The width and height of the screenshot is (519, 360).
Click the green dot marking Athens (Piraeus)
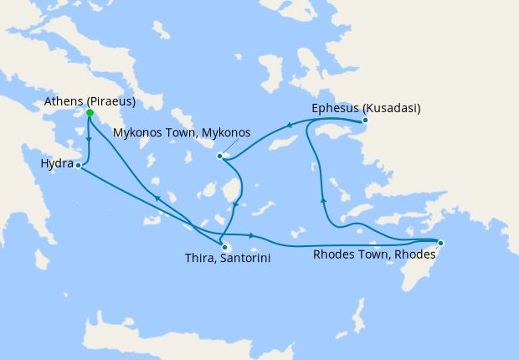[x=90, y=113]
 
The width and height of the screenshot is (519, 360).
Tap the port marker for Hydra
[x=78, y=166]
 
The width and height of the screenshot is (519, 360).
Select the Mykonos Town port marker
[x=219, y=156]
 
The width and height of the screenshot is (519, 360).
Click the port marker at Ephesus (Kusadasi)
[x=365, y=121]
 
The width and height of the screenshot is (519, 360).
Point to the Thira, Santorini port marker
[x=224, y=247]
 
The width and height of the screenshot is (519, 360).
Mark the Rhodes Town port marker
[x=440, y=244]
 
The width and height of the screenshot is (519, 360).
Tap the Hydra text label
[x=57, y=163]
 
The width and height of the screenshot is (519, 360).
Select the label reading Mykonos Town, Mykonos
[x=182, y=132]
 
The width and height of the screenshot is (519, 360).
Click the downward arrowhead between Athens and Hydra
[x=89, y=141]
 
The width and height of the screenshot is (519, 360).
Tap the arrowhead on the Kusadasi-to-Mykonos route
[x=289, y=126]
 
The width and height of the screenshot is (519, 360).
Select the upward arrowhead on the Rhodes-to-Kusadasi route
[x=323, y=199]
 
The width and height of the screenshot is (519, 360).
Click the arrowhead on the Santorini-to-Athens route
[x=156, y=198]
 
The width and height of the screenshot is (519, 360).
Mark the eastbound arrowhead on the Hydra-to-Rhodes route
[x=251, y=235]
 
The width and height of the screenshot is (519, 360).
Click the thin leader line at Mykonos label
[x=227, y=150]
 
